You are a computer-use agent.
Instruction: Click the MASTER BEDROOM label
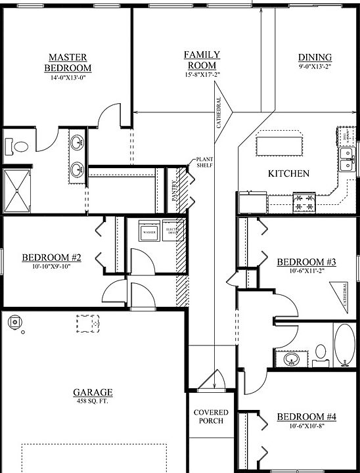click(68, 62)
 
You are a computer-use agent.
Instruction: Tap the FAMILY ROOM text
click(202, 60)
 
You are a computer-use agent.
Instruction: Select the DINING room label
click(315, 58)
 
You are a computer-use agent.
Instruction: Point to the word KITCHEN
click(289, 174)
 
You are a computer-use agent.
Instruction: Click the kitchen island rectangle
click(280, 143)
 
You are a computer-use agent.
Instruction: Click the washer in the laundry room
click(148, 232)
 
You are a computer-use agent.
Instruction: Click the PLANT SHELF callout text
click(206, 162)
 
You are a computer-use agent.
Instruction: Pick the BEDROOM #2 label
click(51, 258)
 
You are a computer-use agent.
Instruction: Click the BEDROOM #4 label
click(306, 417)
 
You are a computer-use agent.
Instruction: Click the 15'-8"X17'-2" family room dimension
click(202, 75)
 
